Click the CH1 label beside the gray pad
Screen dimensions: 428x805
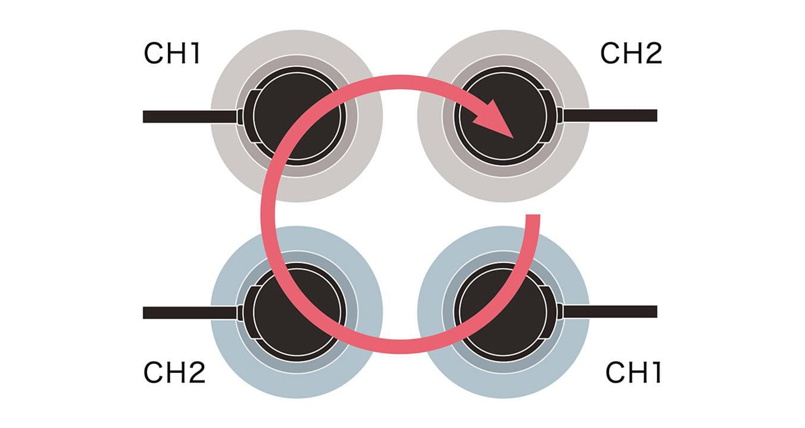coord(172,54)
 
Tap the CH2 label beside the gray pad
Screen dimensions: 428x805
coord(631,54)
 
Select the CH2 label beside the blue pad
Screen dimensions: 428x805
coord(174,372)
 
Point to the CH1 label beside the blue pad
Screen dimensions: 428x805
coord(633,373)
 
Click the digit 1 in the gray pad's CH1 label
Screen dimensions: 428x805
coord(194,54)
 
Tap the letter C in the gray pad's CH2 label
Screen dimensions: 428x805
coord(610,54)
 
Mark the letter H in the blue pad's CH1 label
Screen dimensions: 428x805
coord(634,373)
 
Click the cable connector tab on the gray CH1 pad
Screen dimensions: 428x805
coord(241,116)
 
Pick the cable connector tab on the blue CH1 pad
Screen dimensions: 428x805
coord(561,312)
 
